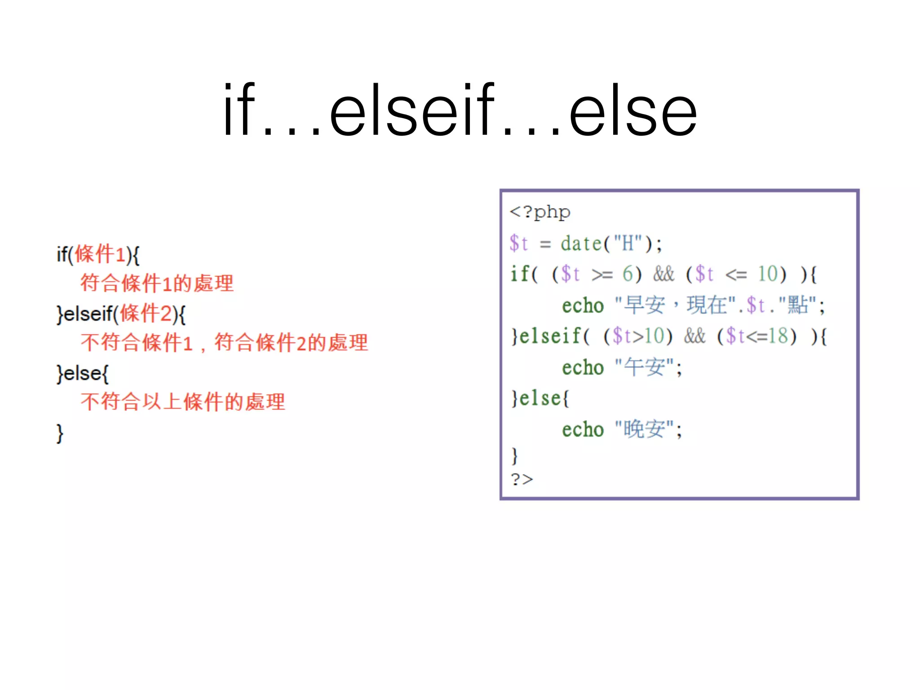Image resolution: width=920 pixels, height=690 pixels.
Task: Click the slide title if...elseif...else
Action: pos(460,110)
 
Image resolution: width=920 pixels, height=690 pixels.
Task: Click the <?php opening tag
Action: pos(540,212)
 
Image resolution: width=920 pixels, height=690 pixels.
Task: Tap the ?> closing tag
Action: pos(522,479)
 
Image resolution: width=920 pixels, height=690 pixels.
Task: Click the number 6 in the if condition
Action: pos(628,274)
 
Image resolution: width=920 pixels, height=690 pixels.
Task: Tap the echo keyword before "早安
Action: pos(583,305)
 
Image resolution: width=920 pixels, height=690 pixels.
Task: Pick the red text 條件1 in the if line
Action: pos(100,254)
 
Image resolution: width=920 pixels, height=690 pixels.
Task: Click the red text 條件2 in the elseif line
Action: pos(146,314)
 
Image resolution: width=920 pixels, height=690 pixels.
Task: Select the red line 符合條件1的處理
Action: pos(157,283)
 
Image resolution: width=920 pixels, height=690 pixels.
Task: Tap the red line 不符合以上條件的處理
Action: pos(183,402)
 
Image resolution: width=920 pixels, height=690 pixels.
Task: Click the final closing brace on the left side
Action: pos(60,433)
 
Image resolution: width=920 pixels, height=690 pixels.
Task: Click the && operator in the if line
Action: pos(663,274)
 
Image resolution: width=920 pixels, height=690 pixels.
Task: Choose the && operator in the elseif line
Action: pos(694,336)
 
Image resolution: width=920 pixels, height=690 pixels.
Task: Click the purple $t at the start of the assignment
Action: pos(518,243)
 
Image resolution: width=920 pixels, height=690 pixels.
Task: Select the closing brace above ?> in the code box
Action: pos(515,456)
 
